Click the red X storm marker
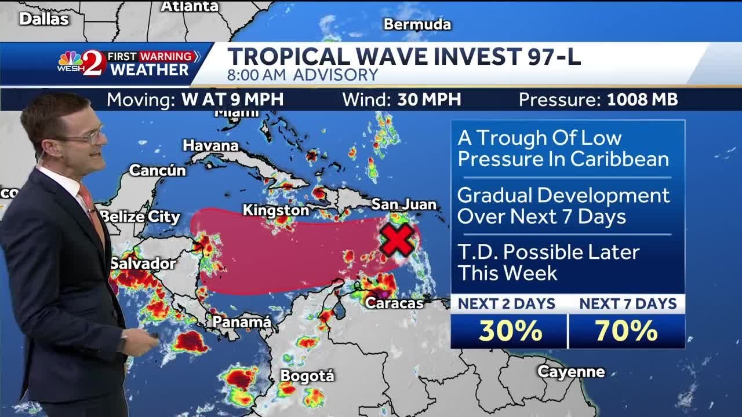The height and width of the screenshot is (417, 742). click(x=397, y=240)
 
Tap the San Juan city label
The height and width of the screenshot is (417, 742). click(x=403, y=204)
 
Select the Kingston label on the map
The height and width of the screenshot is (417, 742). click(x=276, y=210)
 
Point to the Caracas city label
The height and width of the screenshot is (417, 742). click(x=394, y=302)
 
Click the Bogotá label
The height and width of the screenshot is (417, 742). click(x=307, y=376)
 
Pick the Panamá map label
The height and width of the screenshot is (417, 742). click(x=242, y=321)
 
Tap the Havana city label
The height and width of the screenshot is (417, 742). click(x=211, y=145)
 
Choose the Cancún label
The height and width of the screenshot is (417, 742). click(x=157, y=170)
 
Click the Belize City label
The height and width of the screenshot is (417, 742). click(x=140, y=217)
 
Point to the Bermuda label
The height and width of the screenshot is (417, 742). click(x=417, y=24)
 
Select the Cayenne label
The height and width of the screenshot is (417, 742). click(x=571, y=372)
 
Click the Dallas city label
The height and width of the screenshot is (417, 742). click(x=44, y=19)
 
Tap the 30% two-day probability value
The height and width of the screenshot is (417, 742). click(x=510, y=331)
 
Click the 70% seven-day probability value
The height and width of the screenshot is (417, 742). click(x=627, y=331)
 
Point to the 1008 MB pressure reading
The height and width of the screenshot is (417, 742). click(x=642, y=100)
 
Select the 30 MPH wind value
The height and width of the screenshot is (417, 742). click(x=429, y=100)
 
